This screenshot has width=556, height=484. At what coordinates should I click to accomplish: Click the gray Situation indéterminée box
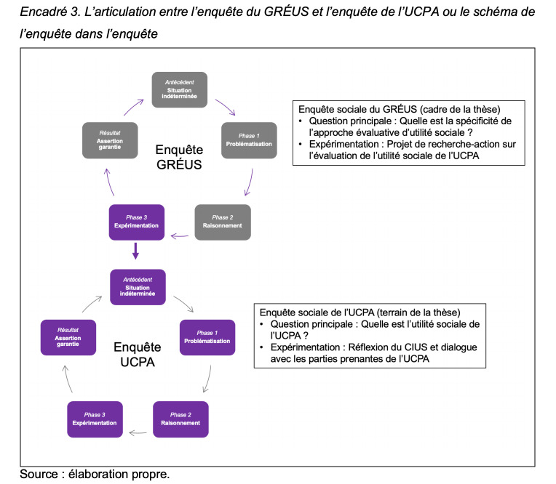(180, 90)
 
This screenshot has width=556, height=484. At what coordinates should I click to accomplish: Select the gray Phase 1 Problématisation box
(249, 140)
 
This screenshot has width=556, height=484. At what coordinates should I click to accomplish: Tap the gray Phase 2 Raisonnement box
(223, 222)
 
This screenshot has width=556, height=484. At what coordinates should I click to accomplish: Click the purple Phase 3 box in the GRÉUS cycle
(137, 222)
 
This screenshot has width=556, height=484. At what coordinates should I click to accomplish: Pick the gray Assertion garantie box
(110, 140)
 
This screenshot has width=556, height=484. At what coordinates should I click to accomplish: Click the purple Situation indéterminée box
(138, 287)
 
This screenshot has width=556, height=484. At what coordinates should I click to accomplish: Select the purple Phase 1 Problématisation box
(207, 337)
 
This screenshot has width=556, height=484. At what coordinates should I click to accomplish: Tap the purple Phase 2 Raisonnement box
(180, 419)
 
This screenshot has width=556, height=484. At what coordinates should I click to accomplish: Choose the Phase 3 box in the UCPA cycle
(95, 419)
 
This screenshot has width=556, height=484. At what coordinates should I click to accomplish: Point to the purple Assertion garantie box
(68, 337)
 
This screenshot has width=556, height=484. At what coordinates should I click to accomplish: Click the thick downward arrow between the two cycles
(135, 251)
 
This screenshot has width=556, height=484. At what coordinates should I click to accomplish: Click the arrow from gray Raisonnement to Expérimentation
(180, 236)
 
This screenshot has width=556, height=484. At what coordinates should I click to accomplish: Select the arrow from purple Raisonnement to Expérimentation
(138, 432)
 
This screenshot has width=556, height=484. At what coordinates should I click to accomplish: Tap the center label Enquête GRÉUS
(179, 157)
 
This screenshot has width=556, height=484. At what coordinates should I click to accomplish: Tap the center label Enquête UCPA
(138, 355)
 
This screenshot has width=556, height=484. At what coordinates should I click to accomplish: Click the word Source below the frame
(39, 474)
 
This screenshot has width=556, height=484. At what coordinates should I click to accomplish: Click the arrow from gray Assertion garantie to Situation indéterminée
(132, 106)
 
